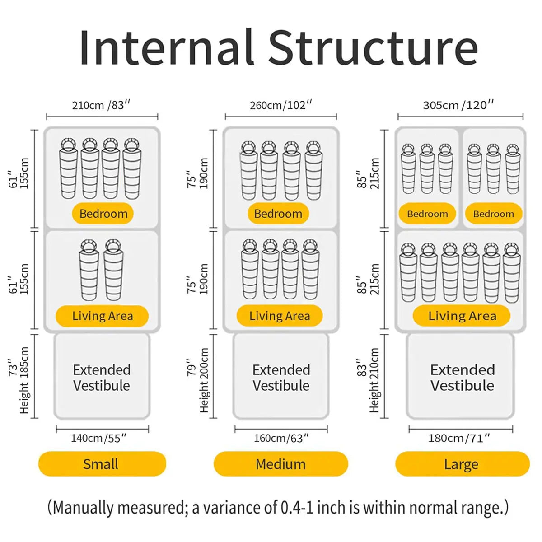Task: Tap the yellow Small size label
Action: click(102, 464)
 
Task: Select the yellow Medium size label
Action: click(280, 464)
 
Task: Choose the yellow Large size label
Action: click(463, 464)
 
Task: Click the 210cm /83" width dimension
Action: click(101, 105)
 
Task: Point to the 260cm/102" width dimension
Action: click(281, 105)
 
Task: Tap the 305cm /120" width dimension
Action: click(458, 105)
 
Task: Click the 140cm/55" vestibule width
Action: click(98, 438)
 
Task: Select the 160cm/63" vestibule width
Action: click(281, 438)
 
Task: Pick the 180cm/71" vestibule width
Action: click(459, 438)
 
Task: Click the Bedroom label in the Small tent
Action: click(103, 214)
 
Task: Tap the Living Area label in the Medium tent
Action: click(280, 316)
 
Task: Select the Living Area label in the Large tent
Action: click(462, 316)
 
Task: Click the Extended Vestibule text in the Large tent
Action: click(462, 378)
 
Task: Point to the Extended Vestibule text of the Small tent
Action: click(102, 378)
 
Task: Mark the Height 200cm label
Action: click(204, 380)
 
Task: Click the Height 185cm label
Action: click(24, 380)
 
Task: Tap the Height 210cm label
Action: click(374, 380)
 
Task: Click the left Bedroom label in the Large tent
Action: click(427, 214)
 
